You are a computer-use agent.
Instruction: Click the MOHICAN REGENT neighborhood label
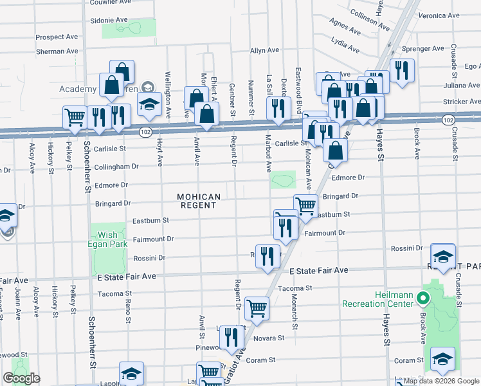click(x=199, y=201)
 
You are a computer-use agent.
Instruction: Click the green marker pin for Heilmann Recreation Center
click(x=422, y=299)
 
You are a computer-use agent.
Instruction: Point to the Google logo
click(x=21, y=378)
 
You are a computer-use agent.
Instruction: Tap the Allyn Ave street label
click(x=264, y=50)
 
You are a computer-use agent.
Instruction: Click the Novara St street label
click(x=270, y=338)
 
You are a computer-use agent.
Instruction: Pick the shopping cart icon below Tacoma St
click(x=257, y=308)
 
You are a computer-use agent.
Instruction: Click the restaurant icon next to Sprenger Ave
click(x=402, y=69)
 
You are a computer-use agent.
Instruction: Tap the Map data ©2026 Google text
click(x=441, y=381)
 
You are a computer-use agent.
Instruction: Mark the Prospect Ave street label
click(x=57, y=37)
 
